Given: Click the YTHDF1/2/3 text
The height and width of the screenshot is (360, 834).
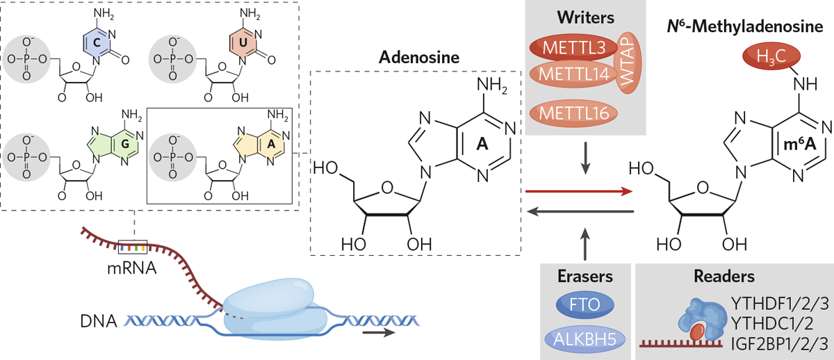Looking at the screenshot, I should pos(778,304).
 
